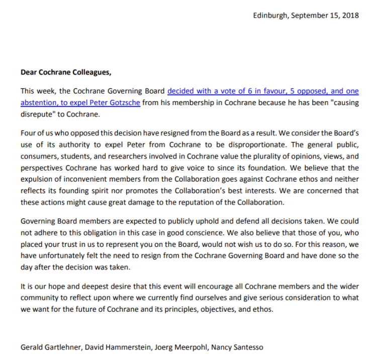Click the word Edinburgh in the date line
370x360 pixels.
tap(269, 16)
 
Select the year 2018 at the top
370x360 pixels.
tap(350, 16)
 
